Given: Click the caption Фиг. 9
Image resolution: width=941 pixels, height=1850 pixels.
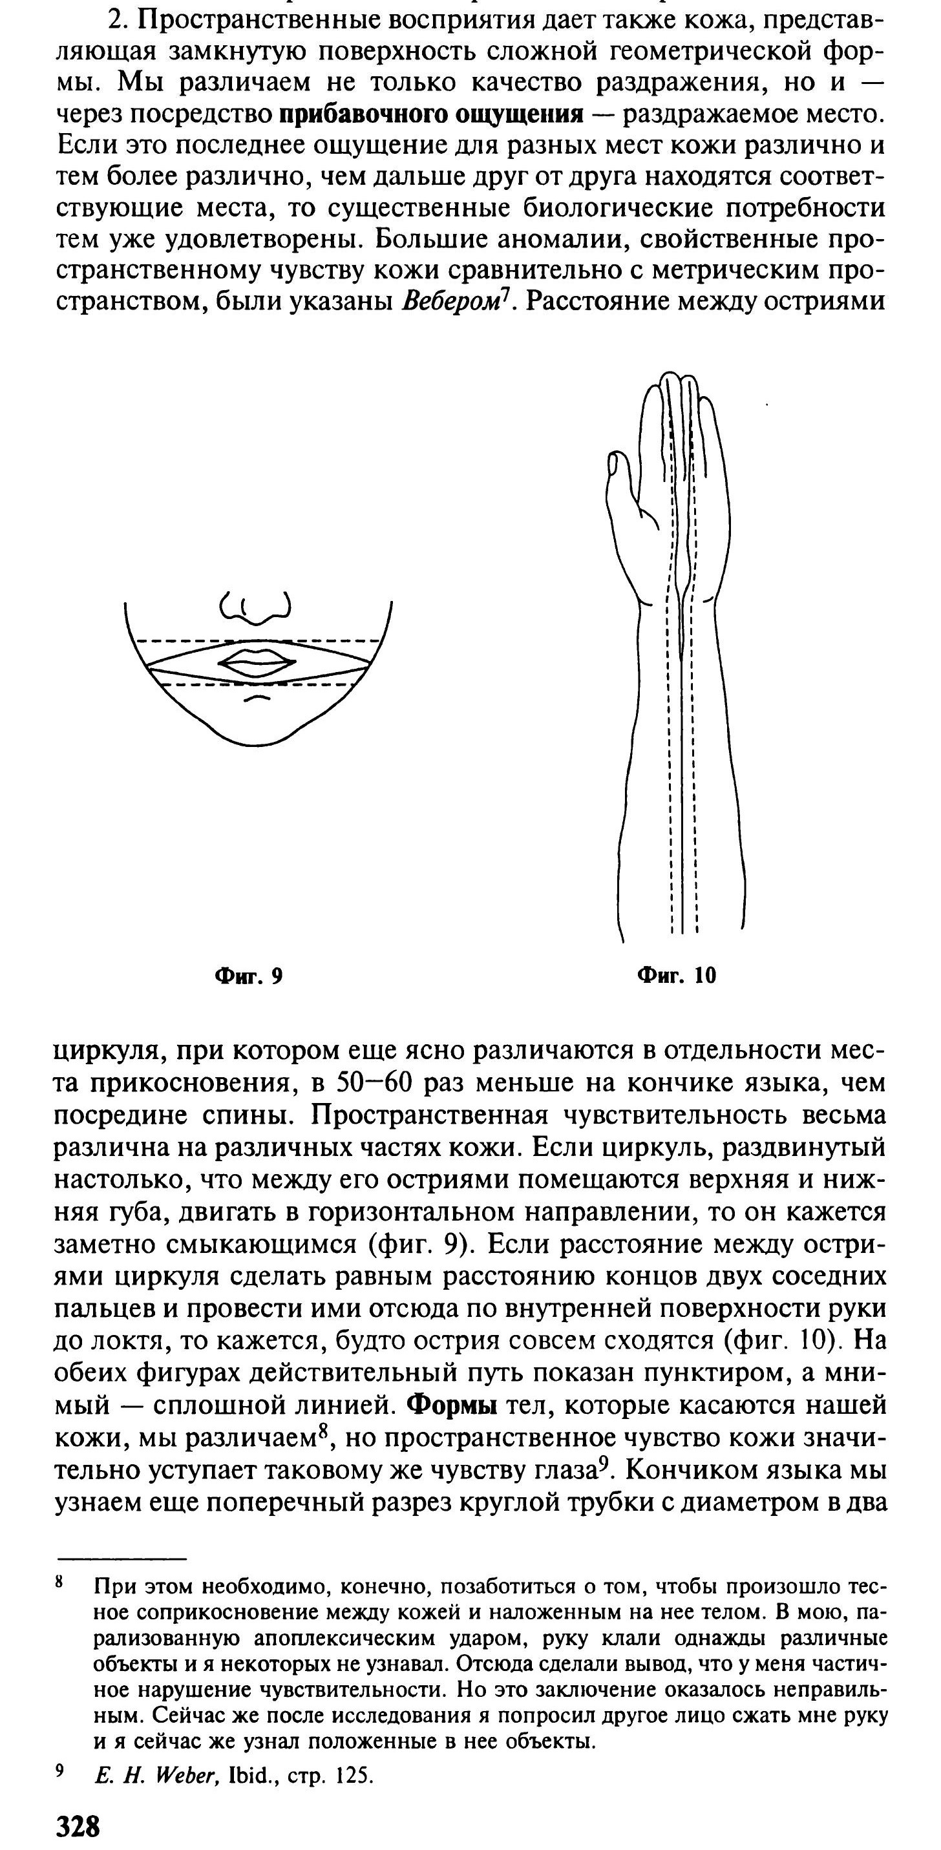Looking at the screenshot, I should point(249,976).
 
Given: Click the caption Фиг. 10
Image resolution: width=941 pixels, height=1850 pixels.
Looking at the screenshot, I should point(677,975).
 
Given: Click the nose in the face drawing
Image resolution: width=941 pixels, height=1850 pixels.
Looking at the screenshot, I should point(256,607).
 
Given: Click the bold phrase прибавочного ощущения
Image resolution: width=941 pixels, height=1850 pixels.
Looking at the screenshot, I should point(430,114).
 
